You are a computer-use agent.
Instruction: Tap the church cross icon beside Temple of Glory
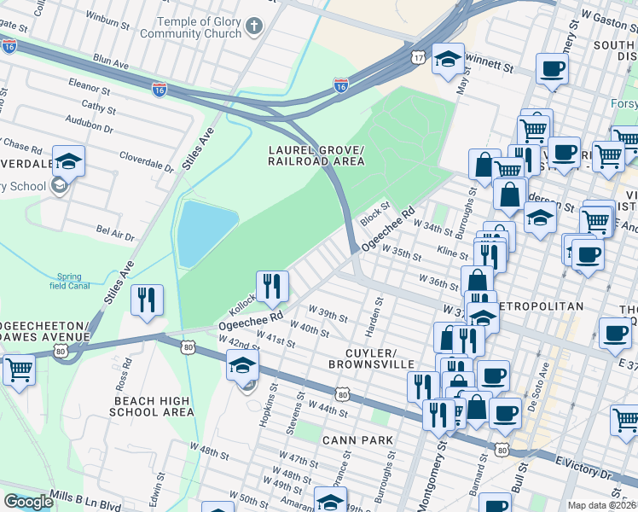252,26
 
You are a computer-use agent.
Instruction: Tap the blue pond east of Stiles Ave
195,232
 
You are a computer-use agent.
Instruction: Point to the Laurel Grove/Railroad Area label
317,154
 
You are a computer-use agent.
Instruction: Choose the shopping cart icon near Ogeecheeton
19,371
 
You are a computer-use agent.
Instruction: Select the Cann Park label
357,439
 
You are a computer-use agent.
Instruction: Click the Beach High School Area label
152,406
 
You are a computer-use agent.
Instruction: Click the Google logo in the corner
28,501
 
